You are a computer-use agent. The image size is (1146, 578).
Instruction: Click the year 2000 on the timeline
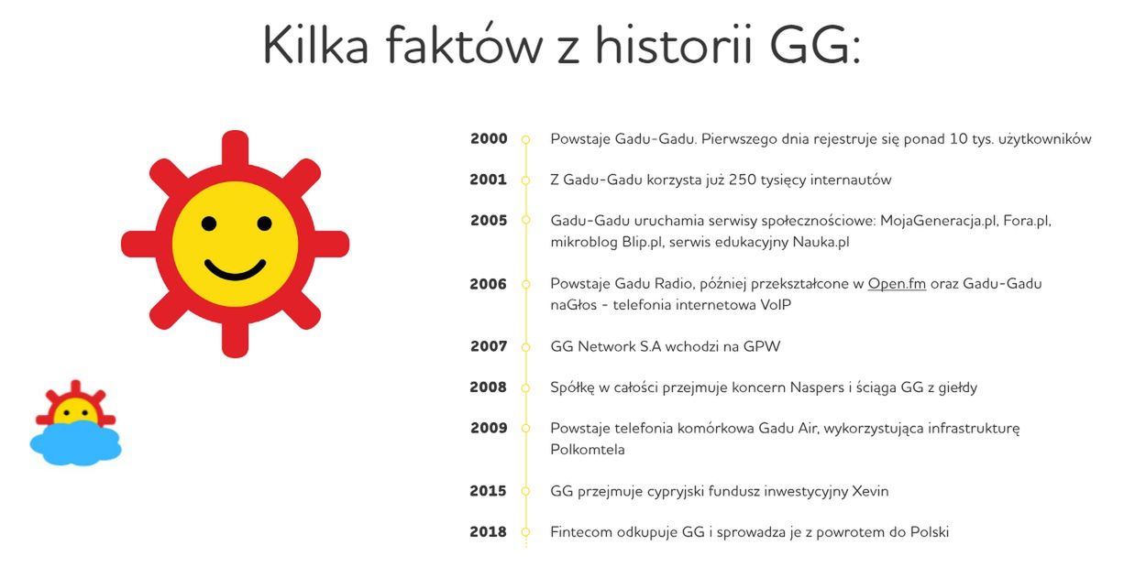(x=489, y=139)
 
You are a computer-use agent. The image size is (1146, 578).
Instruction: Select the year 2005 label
(x=489, y=221)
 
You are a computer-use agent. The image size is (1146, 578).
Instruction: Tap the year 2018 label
(x=488, y=532)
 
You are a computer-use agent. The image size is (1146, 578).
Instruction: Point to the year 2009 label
(x=489, y=428)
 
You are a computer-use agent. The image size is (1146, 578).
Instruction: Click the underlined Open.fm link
(x=897, y=284)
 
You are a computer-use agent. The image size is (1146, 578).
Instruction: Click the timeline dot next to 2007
(x=525, y=347)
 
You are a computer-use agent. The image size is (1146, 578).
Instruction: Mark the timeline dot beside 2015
(x=525, y=492)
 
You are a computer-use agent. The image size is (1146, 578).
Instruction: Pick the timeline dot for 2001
(x=525, y=180)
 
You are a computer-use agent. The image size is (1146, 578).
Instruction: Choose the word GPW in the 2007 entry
(x=760, y=347)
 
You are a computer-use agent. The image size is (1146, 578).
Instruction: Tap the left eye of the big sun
(x=209, y=224)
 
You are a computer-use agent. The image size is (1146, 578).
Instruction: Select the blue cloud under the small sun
(x=75, y=445)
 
